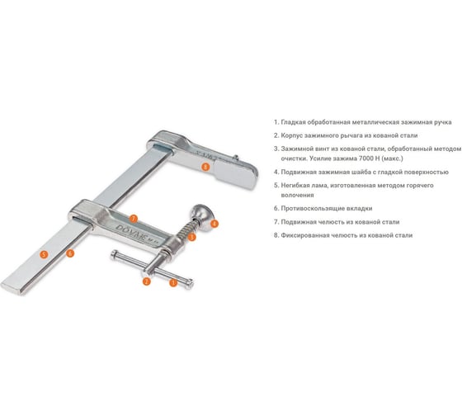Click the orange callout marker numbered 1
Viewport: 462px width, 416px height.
click(x=173, y=283)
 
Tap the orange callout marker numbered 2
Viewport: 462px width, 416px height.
click(x=147, y=281)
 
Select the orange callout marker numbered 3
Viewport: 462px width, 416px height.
click(x=191, y=237)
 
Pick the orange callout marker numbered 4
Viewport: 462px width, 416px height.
click(x=214, y=224)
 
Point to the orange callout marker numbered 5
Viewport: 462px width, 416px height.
click(x=44, y=254)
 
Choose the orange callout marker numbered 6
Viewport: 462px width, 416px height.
click(x=70, y=253)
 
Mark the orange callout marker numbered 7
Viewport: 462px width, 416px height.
click(x=134, y=219)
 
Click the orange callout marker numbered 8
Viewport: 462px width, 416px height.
click(x=205, y=167)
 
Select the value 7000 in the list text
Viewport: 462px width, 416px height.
click(x=365, y=158)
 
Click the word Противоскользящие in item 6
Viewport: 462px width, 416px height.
click(x=310, y=209)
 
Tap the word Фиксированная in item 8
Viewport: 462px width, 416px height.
click(x=305, y=235)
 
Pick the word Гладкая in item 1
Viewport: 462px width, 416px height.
click(x=292, y=122)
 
